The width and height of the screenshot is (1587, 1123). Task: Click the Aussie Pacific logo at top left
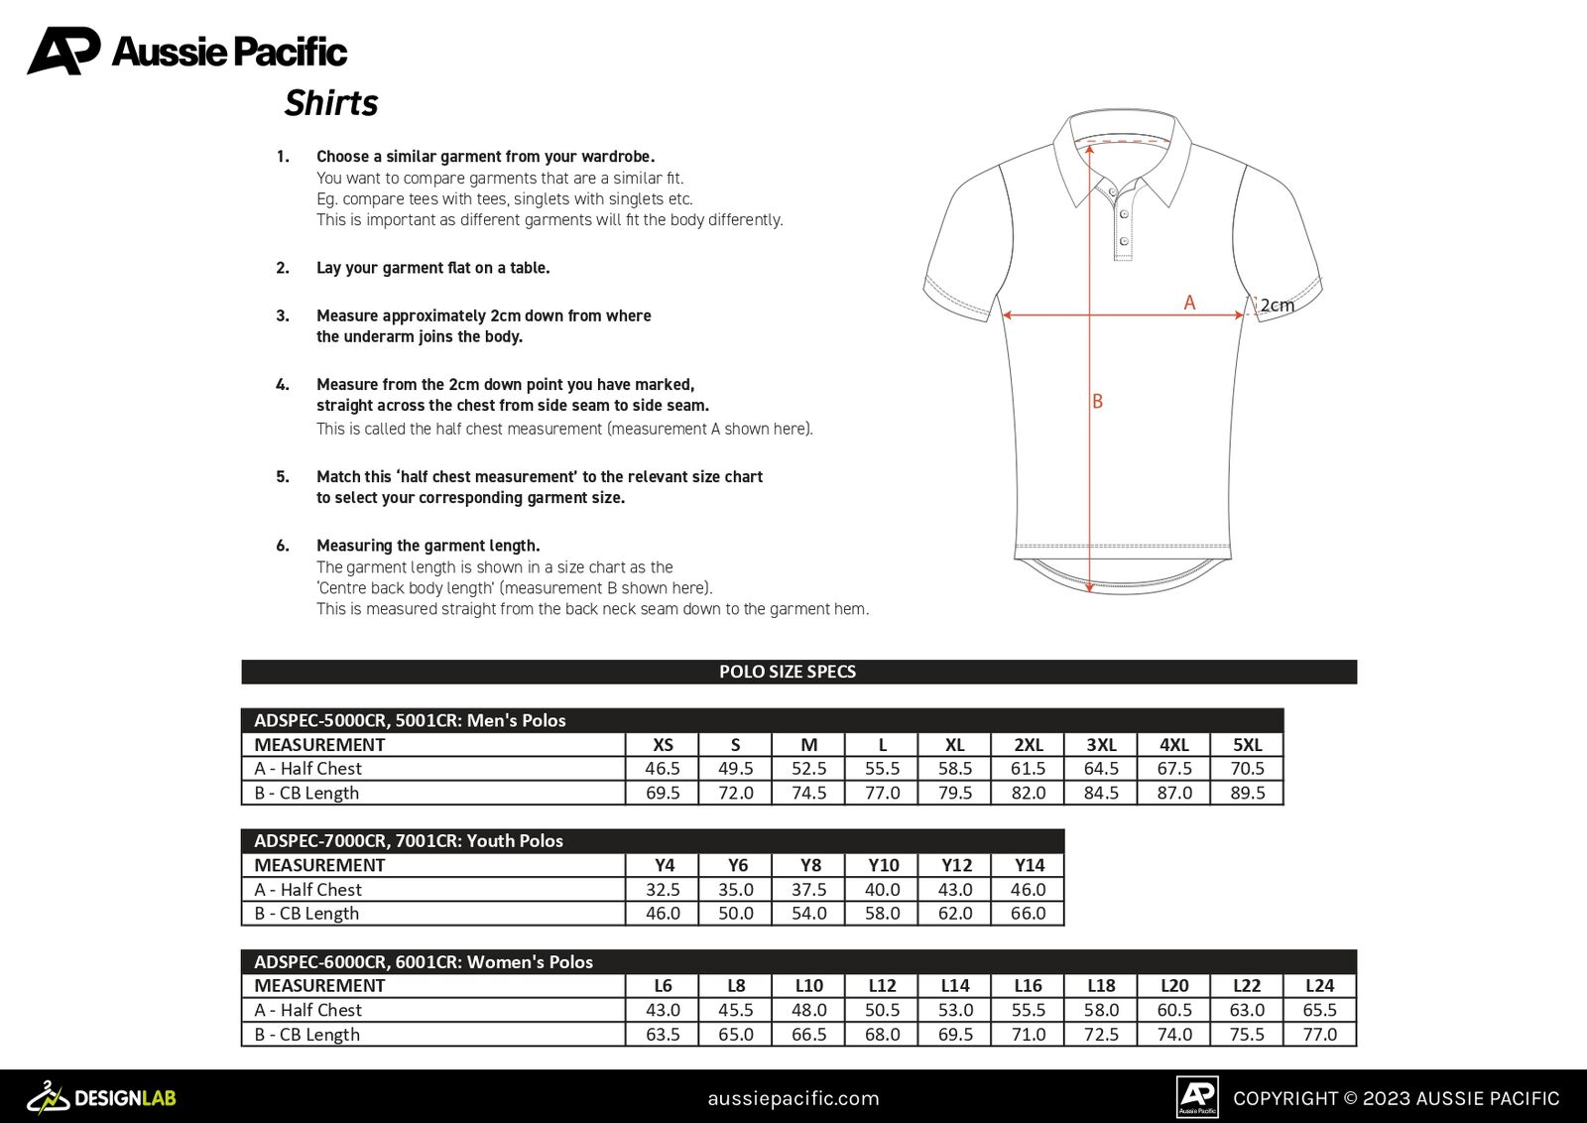186,51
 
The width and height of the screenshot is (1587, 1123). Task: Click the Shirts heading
331,103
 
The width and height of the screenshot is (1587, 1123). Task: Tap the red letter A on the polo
1189,303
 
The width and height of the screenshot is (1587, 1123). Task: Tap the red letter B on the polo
1097,401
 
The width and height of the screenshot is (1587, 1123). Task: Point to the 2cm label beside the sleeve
1277,306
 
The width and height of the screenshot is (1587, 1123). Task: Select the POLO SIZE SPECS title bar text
788,672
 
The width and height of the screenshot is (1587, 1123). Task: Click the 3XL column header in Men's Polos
1101,745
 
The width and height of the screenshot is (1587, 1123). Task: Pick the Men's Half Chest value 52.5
808,769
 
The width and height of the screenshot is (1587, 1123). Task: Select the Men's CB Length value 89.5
1247,793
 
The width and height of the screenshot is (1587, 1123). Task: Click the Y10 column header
883,865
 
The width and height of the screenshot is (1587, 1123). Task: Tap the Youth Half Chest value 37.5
808,890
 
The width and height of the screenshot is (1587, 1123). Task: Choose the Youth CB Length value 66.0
1028,914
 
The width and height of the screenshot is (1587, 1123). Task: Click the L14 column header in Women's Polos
955,986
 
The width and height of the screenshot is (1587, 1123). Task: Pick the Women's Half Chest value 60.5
1174,1010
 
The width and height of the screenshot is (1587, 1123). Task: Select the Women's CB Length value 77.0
1319,1035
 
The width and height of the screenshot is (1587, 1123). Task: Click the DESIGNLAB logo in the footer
102,1097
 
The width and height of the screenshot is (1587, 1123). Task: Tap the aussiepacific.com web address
793,1098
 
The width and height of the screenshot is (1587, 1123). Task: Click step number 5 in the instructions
283,477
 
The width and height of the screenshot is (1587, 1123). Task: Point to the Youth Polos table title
409,841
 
